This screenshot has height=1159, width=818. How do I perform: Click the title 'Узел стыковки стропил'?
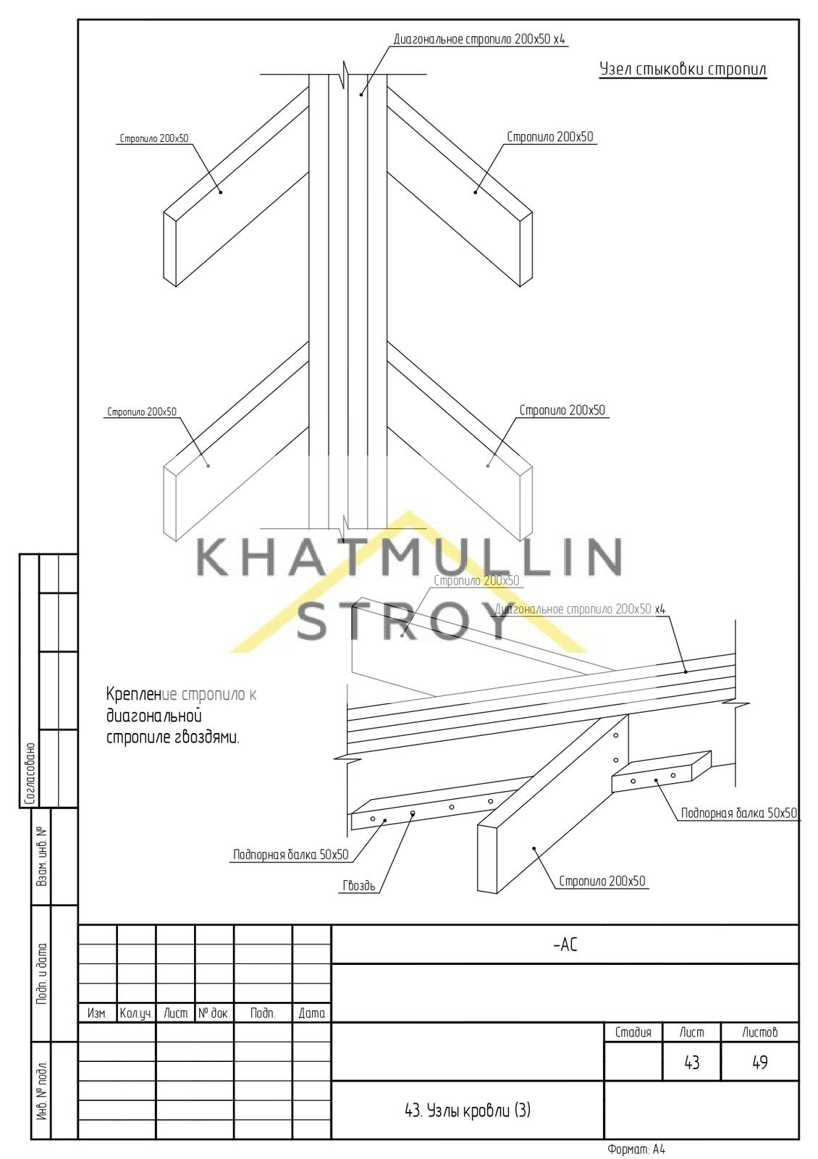pos(683,70)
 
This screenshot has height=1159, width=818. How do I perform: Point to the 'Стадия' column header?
pos(633,1032)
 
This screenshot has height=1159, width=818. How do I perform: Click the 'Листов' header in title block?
pos(759,1032)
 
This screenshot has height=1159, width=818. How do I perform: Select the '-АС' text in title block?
pos(565,945)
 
